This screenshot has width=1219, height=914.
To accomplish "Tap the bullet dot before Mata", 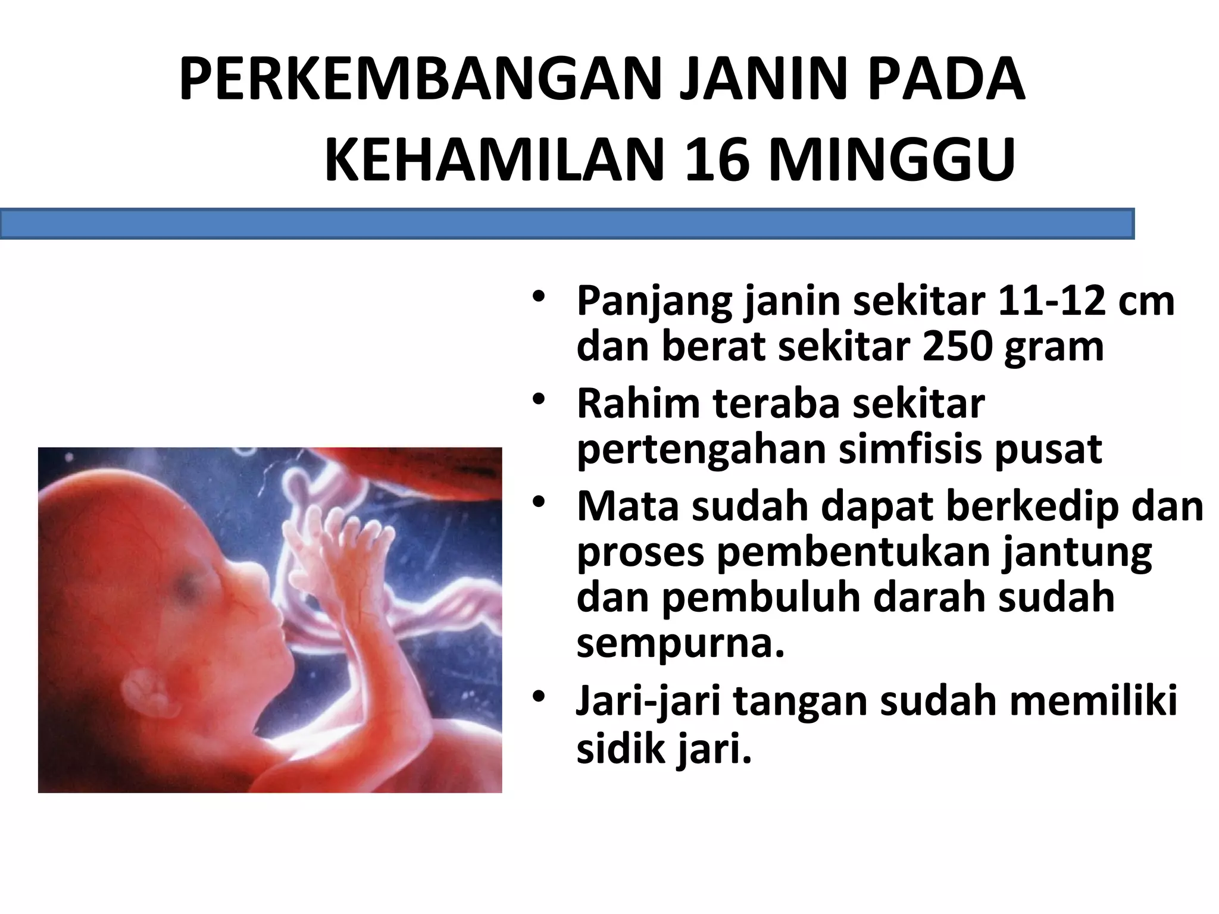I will pos(539,503).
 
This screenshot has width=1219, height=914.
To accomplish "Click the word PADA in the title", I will pos(946,79).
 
